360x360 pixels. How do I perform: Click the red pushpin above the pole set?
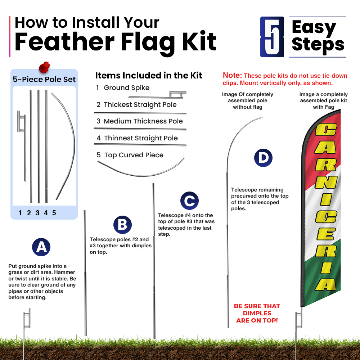point(44,67)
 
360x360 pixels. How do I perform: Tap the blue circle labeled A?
point(41,247)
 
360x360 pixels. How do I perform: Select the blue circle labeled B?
point(123,225)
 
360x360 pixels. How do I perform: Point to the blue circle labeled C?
point(189,201)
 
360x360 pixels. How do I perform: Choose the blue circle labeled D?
point(263,158)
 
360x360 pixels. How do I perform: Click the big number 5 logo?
point(272,37)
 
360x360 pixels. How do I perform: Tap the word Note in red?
point(232,75)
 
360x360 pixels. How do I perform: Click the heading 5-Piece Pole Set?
point(44,79)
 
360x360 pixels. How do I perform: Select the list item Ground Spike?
point(126,88)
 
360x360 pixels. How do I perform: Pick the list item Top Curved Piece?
point(134,155)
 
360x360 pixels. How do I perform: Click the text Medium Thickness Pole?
point(143,121)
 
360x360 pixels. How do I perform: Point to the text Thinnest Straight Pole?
point(141,138)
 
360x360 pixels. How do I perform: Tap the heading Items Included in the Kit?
point(149,76)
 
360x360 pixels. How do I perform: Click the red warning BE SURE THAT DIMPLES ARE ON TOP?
point(257,313)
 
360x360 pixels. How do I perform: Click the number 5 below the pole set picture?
point(54,213)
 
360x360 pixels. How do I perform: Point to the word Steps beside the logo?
point(318,45)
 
